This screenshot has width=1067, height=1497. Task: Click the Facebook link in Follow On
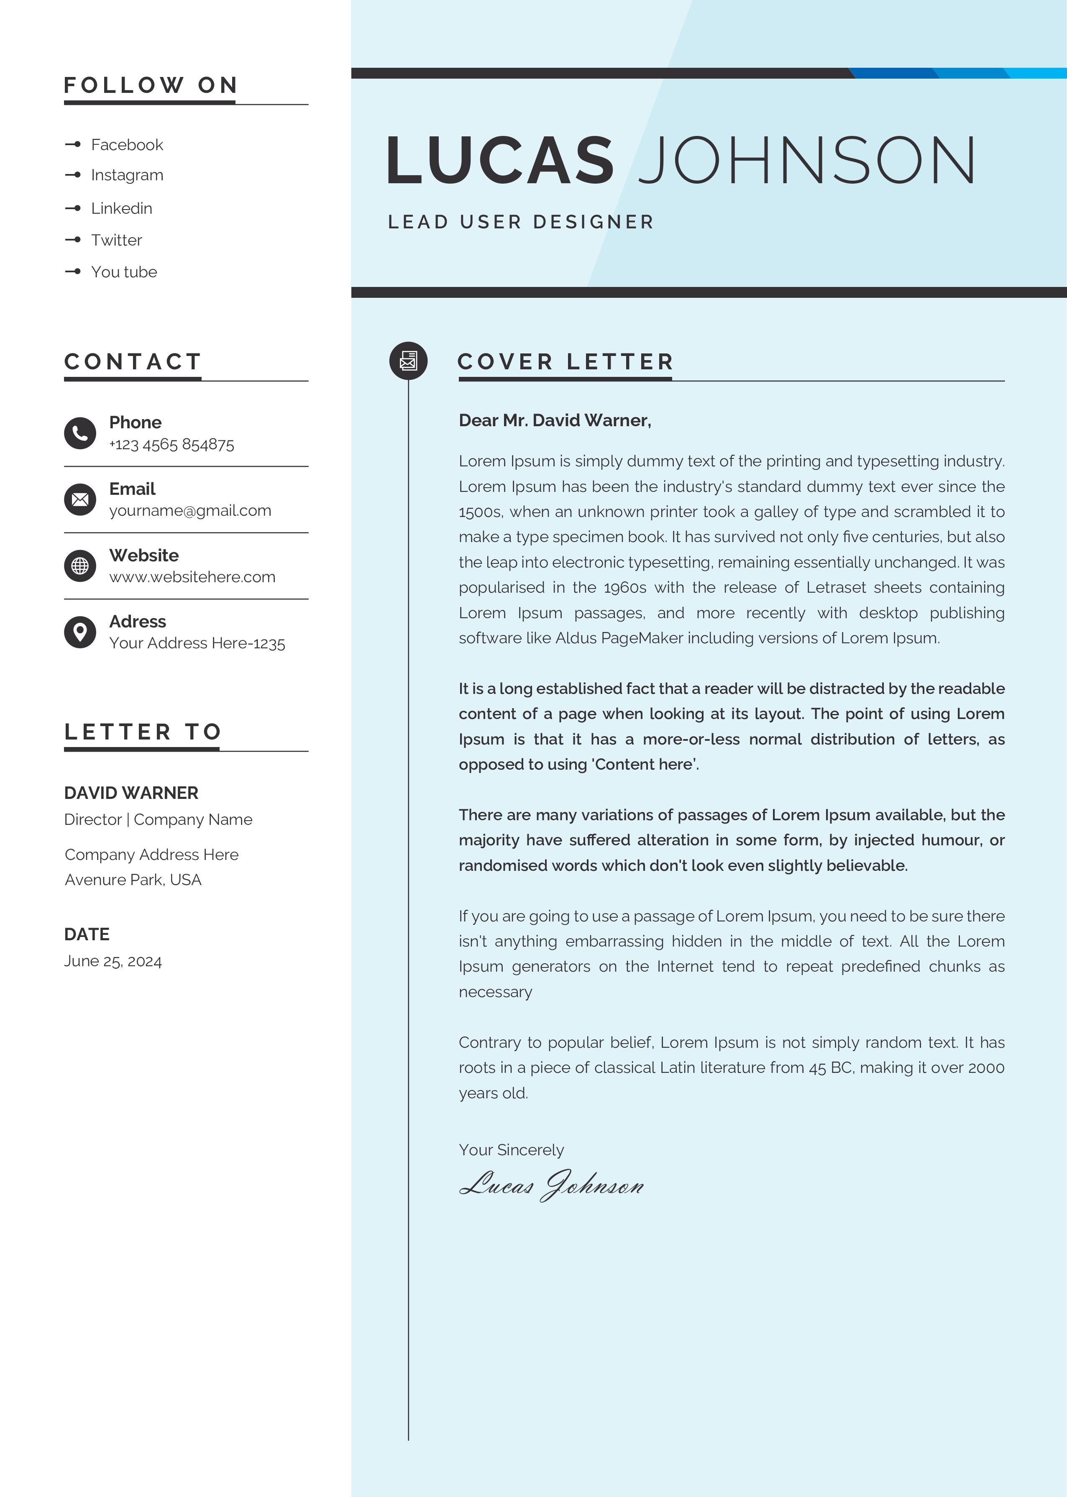[x=126, y=144]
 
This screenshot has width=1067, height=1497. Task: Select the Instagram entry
[x=127, y=175]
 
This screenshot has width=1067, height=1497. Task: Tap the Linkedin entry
[x=122, y=208]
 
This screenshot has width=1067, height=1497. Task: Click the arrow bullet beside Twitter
[x=73, y=240]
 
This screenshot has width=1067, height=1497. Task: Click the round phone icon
[x=80, y=433]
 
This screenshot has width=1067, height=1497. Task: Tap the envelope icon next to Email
[x=80, y=499]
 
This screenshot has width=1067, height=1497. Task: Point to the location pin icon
[x=80, y=632]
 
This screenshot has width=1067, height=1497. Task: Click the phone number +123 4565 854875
[x=171, y=445]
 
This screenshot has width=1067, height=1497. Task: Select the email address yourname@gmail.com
[x=190, y=510]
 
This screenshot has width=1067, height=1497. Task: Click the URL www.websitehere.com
[x=192, y=577]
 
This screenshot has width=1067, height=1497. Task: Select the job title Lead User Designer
[x=521, y=222]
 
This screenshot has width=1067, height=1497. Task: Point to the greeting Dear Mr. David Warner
[x=555, y=420]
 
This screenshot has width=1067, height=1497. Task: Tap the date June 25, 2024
[x=113, y=961]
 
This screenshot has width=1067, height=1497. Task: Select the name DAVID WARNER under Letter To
[x=131, y=793]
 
